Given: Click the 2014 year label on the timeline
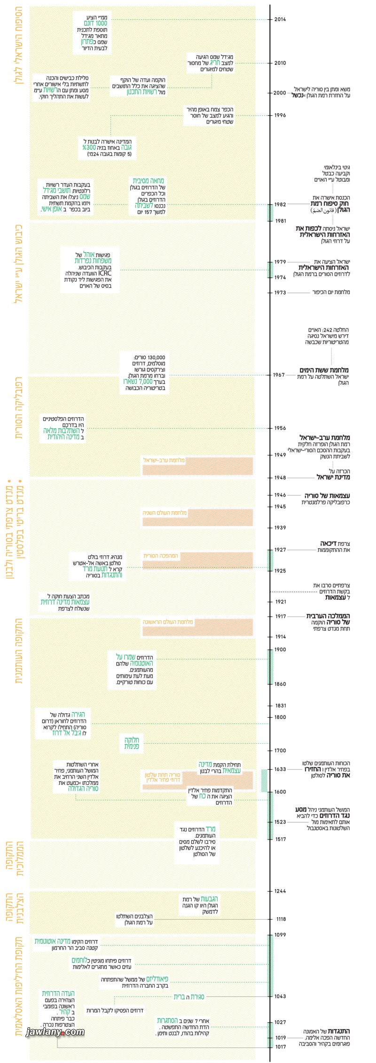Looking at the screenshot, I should click(280, 20).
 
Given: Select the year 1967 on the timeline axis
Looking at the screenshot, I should click(279, 375).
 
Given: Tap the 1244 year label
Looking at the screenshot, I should click(280, 891).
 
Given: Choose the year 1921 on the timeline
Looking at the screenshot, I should click(281, 602).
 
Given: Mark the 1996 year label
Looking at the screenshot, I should click(280, 116).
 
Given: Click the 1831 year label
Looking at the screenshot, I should click(281, 706).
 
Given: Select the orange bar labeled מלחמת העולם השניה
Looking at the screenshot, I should click(197, 517).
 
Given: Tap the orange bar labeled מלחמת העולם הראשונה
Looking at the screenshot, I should click(197, 627).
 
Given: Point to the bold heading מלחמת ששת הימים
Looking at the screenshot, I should click(324, 371).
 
